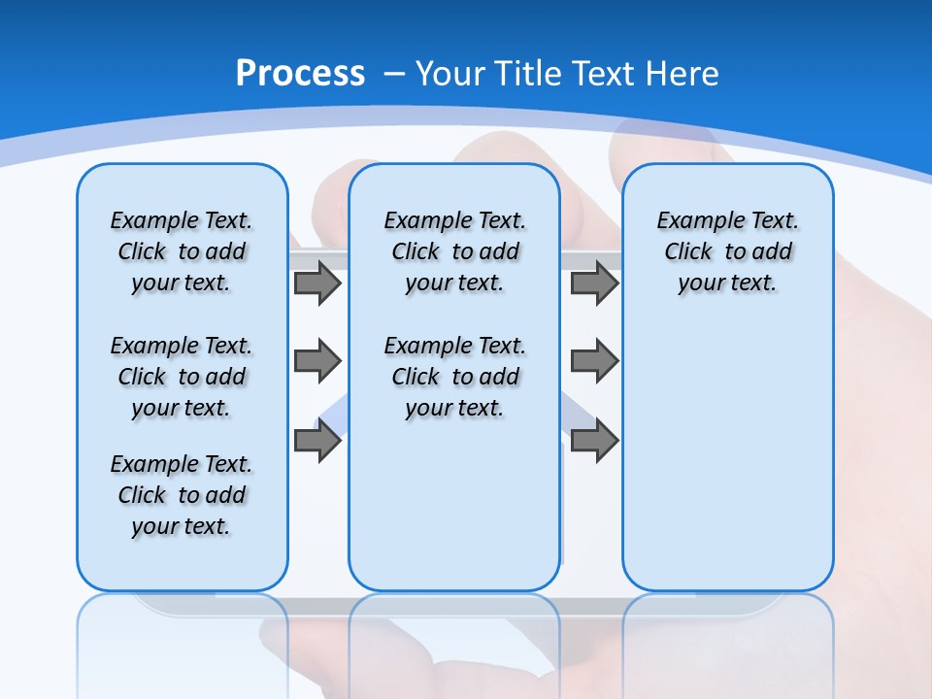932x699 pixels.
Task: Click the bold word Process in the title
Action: (300, 74)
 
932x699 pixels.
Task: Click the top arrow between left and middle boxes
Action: (317, 283)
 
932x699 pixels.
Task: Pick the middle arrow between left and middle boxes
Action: (317, 361)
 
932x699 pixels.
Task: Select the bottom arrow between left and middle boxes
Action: (317, 441)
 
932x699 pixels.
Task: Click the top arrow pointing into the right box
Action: (594, 283)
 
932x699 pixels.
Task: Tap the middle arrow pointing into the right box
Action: (594, 361)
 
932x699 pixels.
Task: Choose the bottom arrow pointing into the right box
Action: (594, 441)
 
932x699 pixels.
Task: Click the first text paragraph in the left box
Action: (182, 251)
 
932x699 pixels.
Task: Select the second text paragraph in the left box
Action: (182, 377)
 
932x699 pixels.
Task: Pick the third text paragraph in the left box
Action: (182, 495)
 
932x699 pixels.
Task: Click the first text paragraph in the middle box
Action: (454, 251)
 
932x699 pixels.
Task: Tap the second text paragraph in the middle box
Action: (454, 377)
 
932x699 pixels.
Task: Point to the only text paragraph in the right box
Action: (727, 251)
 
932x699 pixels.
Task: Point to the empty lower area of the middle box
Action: (454, 505)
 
